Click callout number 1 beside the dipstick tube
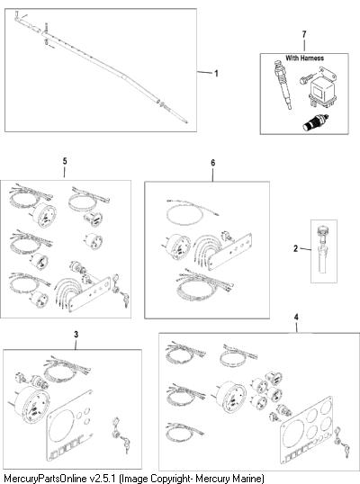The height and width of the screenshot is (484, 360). pos(216,74)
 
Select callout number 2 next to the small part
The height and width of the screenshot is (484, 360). pos(295,248)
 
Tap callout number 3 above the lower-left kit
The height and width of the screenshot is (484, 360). pos(76,335)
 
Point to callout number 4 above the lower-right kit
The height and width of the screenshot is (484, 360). pos(296,317)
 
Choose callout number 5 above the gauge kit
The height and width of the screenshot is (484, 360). pos(65,161)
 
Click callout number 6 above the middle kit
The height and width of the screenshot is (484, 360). pos(213,163)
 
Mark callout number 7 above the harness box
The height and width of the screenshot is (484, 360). pos(304,34)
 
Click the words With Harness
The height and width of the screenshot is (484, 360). pos(304,58)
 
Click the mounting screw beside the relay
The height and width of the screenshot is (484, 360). pos(307,78)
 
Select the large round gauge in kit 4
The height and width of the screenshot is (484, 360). pos(229,397)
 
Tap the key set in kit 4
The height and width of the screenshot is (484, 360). pos(342,439)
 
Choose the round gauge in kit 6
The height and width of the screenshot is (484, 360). pos(175,247)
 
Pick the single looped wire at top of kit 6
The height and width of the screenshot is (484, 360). pos(192,212)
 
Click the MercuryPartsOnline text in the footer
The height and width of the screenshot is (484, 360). pos(45,479)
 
